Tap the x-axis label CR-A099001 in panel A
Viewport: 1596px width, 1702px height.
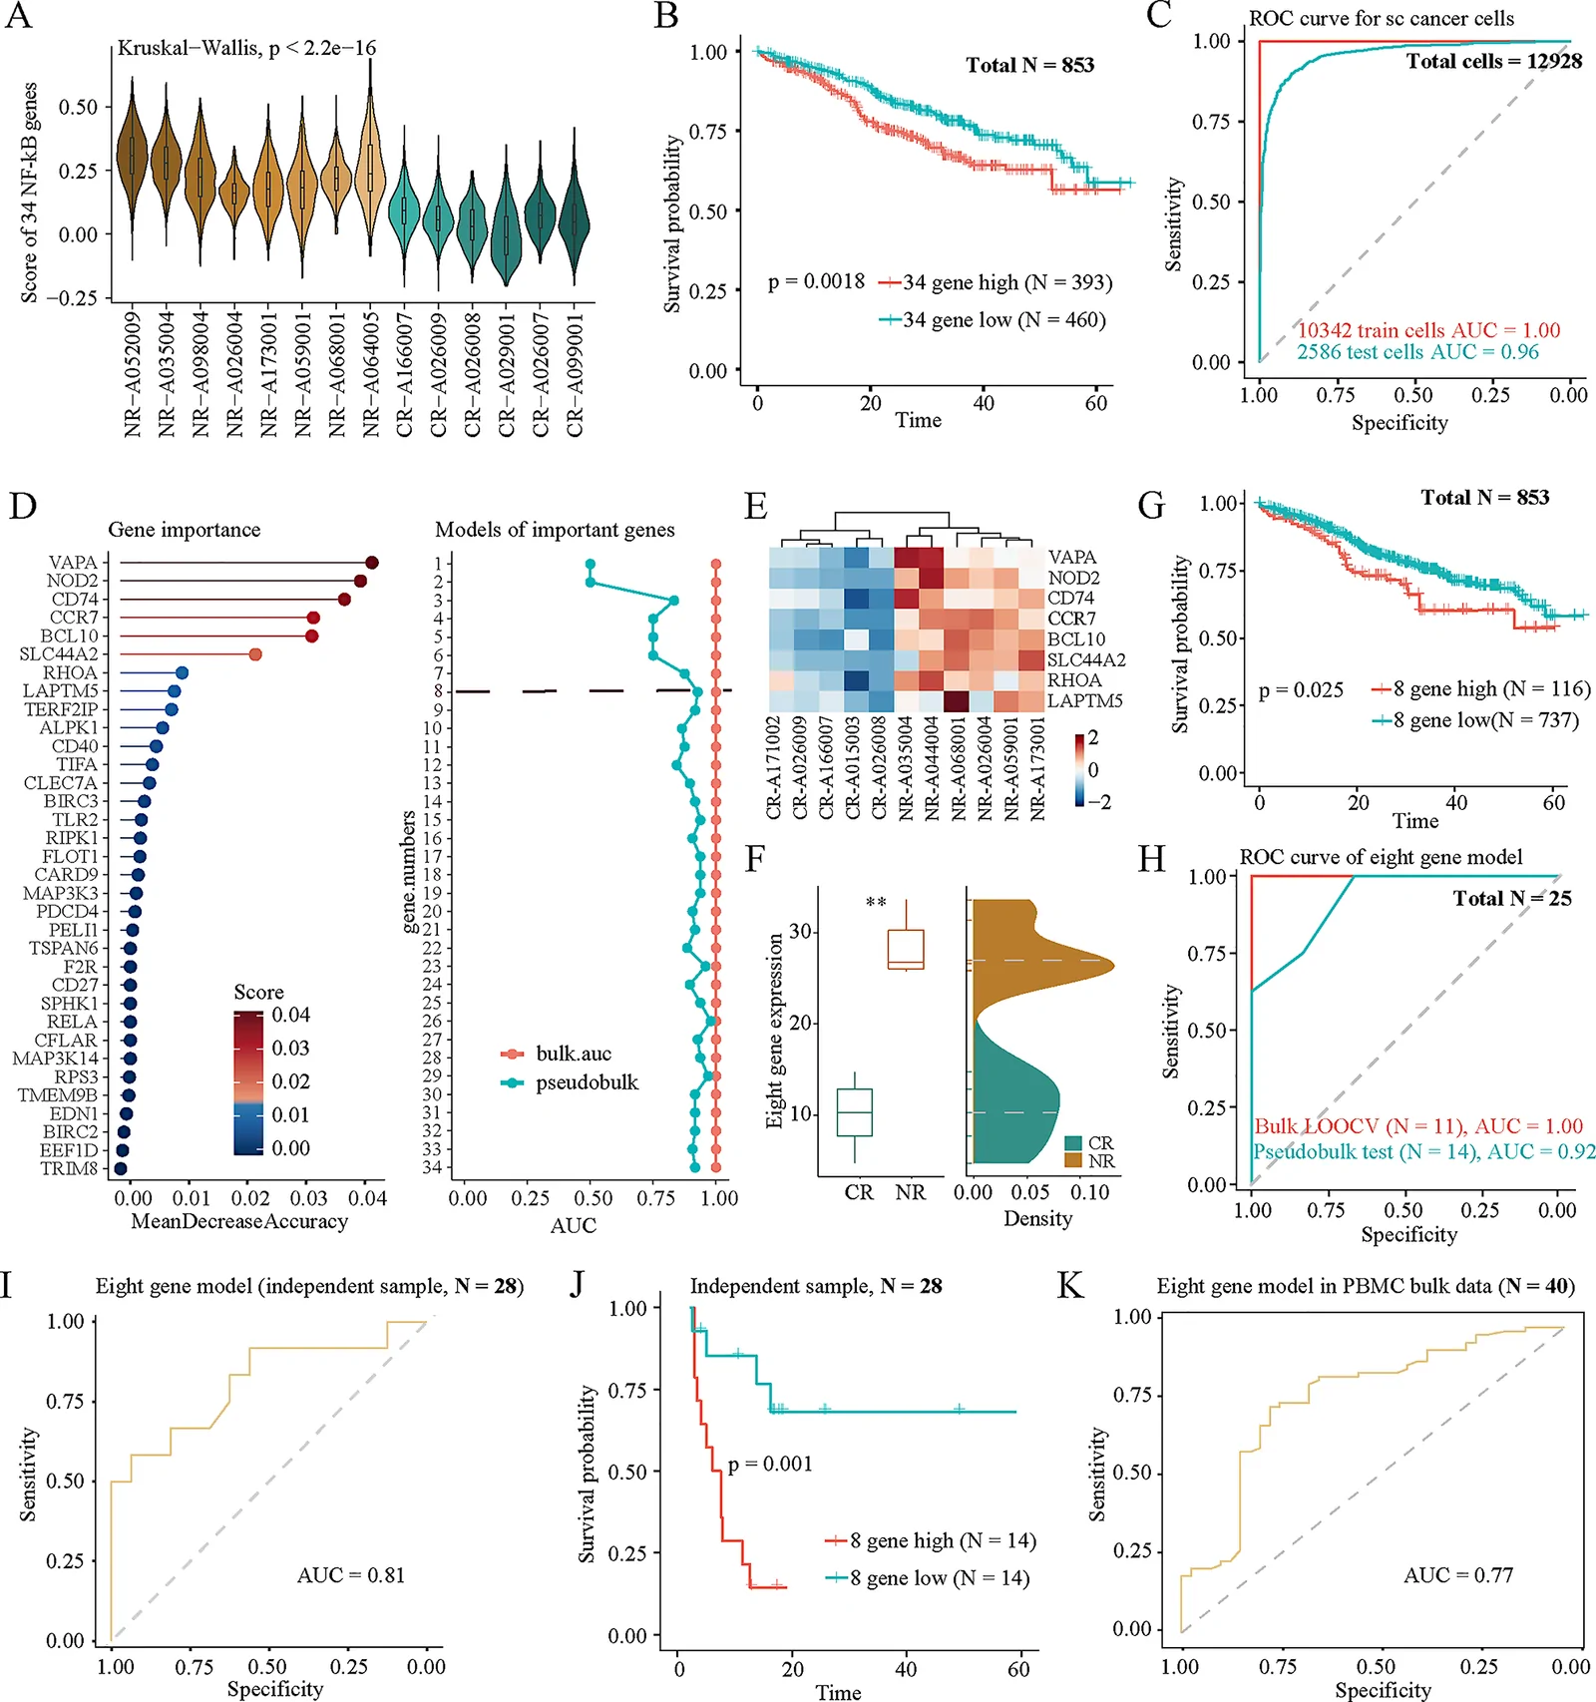click(x=575, y=375)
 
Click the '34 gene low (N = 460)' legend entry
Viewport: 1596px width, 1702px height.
click(x=992, y=320)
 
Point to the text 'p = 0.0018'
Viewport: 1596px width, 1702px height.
click(x=816, y=281)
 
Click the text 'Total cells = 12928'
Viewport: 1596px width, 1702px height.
click(x=1494, y=61)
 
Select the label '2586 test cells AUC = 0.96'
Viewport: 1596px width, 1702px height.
click(x=1417, y=351)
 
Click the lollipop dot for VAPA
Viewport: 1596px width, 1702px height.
click(x=372, y=564)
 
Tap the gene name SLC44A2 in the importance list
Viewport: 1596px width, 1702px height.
click(x=59, y=654)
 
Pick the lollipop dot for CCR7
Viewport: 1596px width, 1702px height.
click(x=313, y=619)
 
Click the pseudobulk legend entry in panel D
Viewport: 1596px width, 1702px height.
click(x=570, y=1082)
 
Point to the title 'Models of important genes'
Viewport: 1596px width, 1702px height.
click(x=555, y=530)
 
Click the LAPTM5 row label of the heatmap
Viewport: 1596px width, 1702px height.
click(x=1085, y=700)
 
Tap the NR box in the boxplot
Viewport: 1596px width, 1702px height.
click(x=906, y=949)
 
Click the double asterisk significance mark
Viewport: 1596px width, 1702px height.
click(x=876, y=903)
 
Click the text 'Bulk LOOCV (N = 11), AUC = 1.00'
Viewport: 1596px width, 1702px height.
click(x=1418, y=1126)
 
